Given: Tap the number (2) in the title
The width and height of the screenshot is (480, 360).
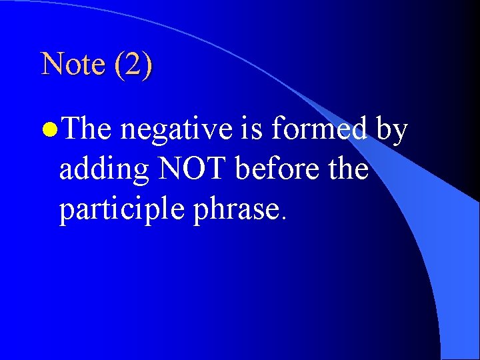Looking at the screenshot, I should [133, 65].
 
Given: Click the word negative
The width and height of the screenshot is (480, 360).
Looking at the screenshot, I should [177, 129].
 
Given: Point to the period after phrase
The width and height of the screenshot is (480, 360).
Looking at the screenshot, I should [284, 219].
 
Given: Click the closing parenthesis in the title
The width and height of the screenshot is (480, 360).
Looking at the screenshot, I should [147, 65].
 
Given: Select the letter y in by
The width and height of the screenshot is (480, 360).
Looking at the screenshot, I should [400, 132].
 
